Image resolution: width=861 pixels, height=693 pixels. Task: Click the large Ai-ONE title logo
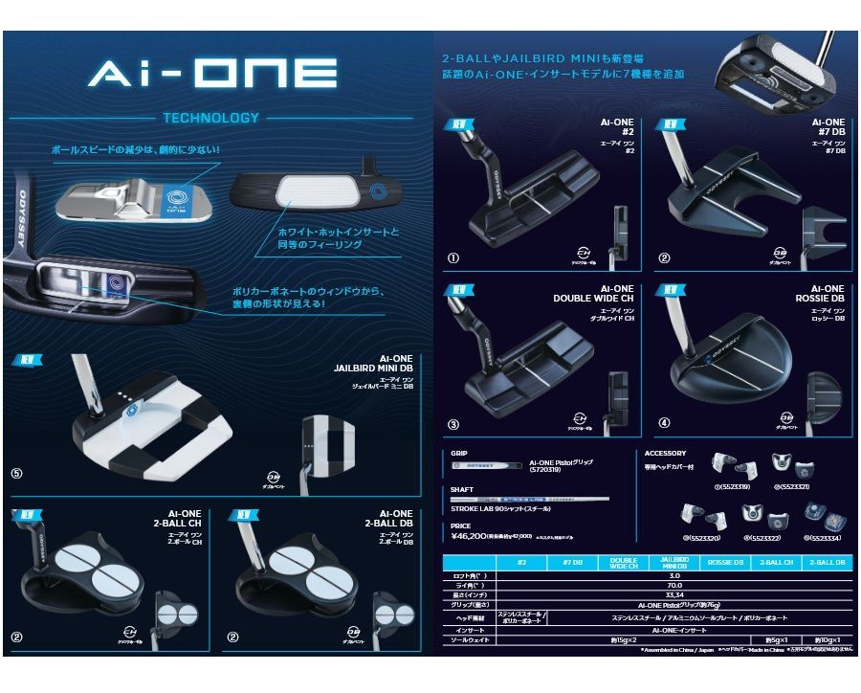[x=212, y=73]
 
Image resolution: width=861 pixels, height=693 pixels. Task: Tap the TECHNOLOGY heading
[x=210, y=118]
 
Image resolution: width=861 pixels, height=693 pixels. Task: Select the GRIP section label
[x=459, y=453]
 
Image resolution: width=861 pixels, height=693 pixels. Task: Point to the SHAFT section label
[x=462, y=489]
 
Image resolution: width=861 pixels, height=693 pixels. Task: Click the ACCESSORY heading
[x=666, y=453]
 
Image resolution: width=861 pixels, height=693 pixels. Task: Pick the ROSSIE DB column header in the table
[x=725, y=563]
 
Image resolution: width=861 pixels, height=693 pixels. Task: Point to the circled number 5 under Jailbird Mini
[x=16, y=473]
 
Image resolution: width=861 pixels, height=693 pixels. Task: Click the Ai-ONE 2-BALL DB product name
[x=388, y=519]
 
